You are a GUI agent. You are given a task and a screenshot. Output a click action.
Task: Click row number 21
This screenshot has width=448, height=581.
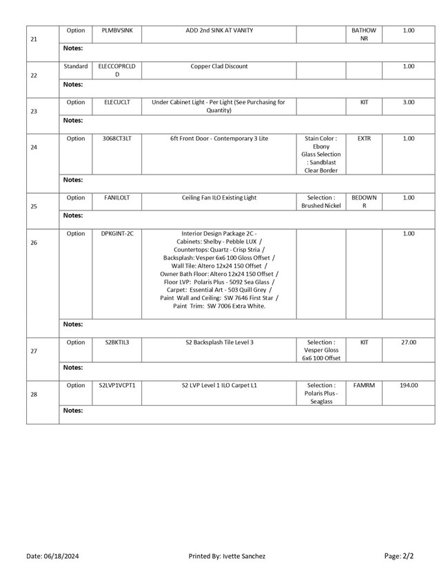point(34,39)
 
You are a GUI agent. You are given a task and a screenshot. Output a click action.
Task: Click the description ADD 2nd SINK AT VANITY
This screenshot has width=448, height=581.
point(218,30)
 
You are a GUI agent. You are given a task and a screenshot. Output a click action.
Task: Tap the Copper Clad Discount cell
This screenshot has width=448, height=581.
point(218,66)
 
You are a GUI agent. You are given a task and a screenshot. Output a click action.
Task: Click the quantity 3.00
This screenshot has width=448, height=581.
point(408,102)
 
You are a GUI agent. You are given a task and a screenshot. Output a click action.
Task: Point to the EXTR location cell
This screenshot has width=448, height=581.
point(364,138)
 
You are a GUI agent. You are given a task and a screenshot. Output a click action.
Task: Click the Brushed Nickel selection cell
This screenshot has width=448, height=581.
point(320,201)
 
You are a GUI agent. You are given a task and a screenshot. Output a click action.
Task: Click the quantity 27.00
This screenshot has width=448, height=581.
point(408,342)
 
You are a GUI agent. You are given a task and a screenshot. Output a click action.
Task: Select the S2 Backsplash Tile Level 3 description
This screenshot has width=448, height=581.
point(218,342)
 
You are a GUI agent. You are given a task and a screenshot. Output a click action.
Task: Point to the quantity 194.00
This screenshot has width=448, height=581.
point(408,385)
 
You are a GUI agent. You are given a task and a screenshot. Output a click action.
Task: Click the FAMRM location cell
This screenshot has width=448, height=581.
point(364,385)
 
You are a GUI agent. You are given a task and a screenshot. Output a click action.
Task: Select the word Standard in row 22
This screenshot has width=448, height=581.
point(76,66)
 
